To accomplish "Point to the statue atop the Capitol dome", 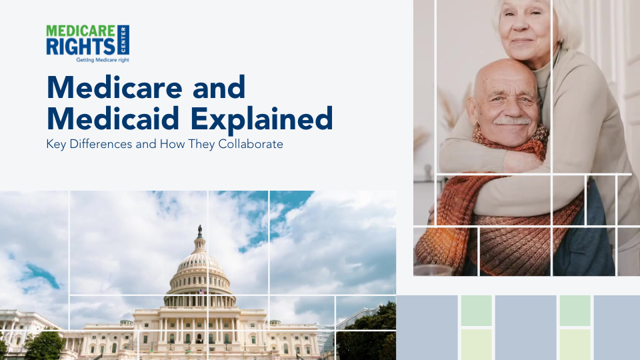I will [199, 231].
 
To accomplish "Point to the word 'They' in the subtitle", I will [202, 144].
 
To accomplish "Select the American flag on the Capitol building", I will [200, 292].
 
